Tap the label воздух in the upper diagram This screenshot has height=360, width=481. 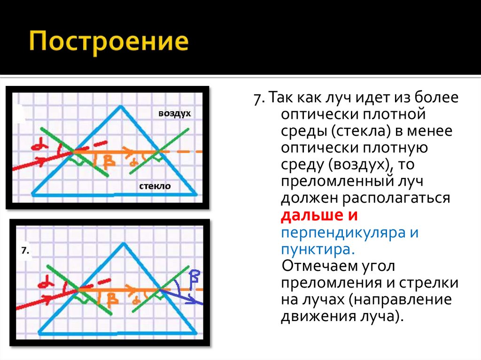point(175,114)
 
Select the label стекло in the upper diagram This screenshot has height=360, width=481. point(155,186)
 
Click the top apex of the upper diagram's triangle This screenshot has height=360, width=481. point(122,107)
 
